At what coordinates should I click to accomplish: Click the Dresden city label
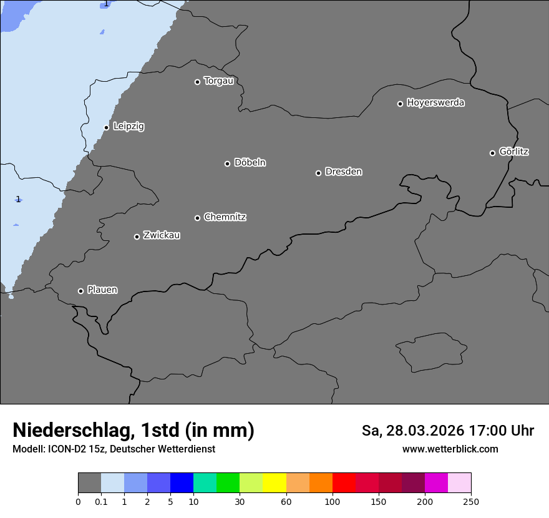click(343, 172)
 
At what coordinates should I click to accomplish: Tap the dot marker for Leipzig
click(107, 127)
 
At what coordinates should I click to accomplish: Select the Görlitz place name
click(514, 152)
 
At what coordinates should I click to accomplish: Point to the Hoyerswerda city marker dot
click(401, 104)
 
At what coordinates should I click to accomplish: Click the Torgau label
click(218, 81)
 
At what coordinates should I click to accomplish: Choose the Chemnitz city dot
click(198, 218)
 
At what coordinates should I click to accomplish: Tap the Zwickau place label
click(162, 235)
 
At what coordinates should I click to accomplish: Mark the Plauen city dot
click(81, 291)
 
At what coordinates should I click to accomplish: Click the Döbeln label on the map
click(250, 163)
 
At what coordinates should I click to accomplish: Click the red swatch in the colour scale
click(344, 483)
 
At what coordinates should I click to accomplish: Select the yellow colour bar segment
click(274, 483)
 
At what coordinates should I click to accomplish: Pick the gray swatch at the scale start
click(89, 483)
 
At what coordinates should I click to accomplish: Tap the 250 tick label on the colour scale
click(471, 501)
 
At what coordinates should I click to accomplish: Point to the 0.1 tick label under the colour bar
click(101, 501)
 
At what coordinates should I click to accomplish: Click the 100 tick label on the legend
click(333, 501)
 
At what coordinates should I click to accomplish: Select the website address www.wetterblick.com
click(450, 449)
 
